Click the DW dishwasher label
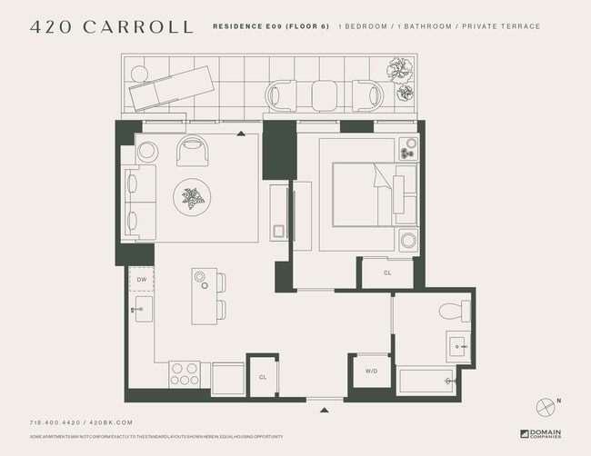coord(142,280)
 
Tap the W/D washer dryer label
coord(373,371)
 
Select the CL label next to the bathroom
coord(387,272)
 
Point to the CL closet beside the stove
coord(263,376)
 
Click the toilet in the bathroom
coord(451,312)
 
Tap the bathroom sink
coord(458,346)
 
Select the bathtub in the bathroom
coord(427,381)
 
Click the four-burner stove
coord(185,375)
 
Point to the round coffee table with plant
coord(192,196)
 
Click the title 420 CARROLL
coord(111,26)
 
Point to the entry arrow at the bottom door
coord(325,411)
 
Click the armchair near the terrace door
coord(192,150)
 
